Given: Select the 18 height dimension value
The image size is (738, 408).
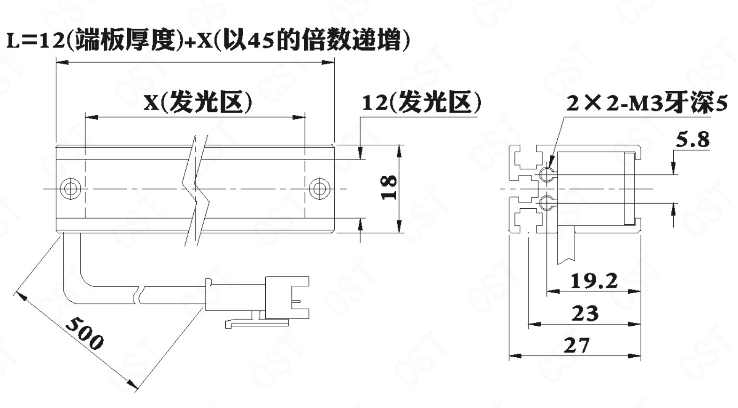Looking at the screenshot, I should pos(389,187).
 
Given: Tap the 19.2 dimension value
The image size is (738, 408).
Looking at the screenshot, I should pos(593,281).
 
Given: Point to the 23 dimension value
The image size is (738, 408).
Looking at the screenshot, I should pos(584,313).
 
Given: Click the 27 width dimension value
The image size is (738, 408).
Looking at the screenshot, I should pos(576,345).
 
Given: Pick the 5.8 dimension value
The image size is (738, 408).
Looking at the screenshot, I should pos(692,140).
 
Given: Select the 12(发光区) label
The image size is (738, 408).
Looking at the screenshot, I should pos(422,102).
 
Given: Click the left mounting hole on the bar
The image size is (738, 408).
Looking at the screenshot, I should pos(70,189).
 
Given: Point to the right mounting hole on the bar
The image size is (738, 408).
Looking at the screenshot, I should pos(320,189).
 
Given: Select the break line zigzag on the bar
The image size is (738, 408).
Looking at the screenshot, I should pos(196,188).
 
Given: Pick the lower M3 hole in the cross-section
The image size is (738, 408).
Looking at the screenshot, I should pos(546,204).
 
